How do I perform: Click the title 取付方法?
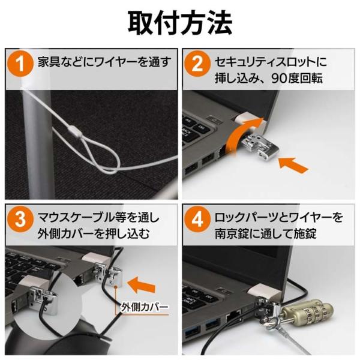(x=180, y=23)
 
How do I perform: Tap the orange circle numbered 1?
(x=20, y=64)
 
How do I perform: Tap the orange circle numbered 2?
(x=197, y=64)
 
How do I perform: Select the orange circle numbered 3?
(x=20, y=219)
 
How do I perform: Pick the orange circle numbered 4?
(x=197, y=219)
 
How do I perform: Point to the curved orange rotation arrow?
(x=241, y=136)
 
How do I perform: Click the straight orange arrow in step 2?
(x=293, y=165)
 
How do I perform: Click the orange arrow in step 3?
(x=141, y=284)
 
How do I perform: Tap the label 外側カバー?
(x=145, y=307)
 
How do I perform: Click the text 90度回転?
(x=297, y=78)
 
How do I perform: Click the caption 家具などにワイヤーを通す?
(x=104, y=62)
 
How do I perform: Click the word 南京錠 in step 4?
(x=232, y=233)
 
